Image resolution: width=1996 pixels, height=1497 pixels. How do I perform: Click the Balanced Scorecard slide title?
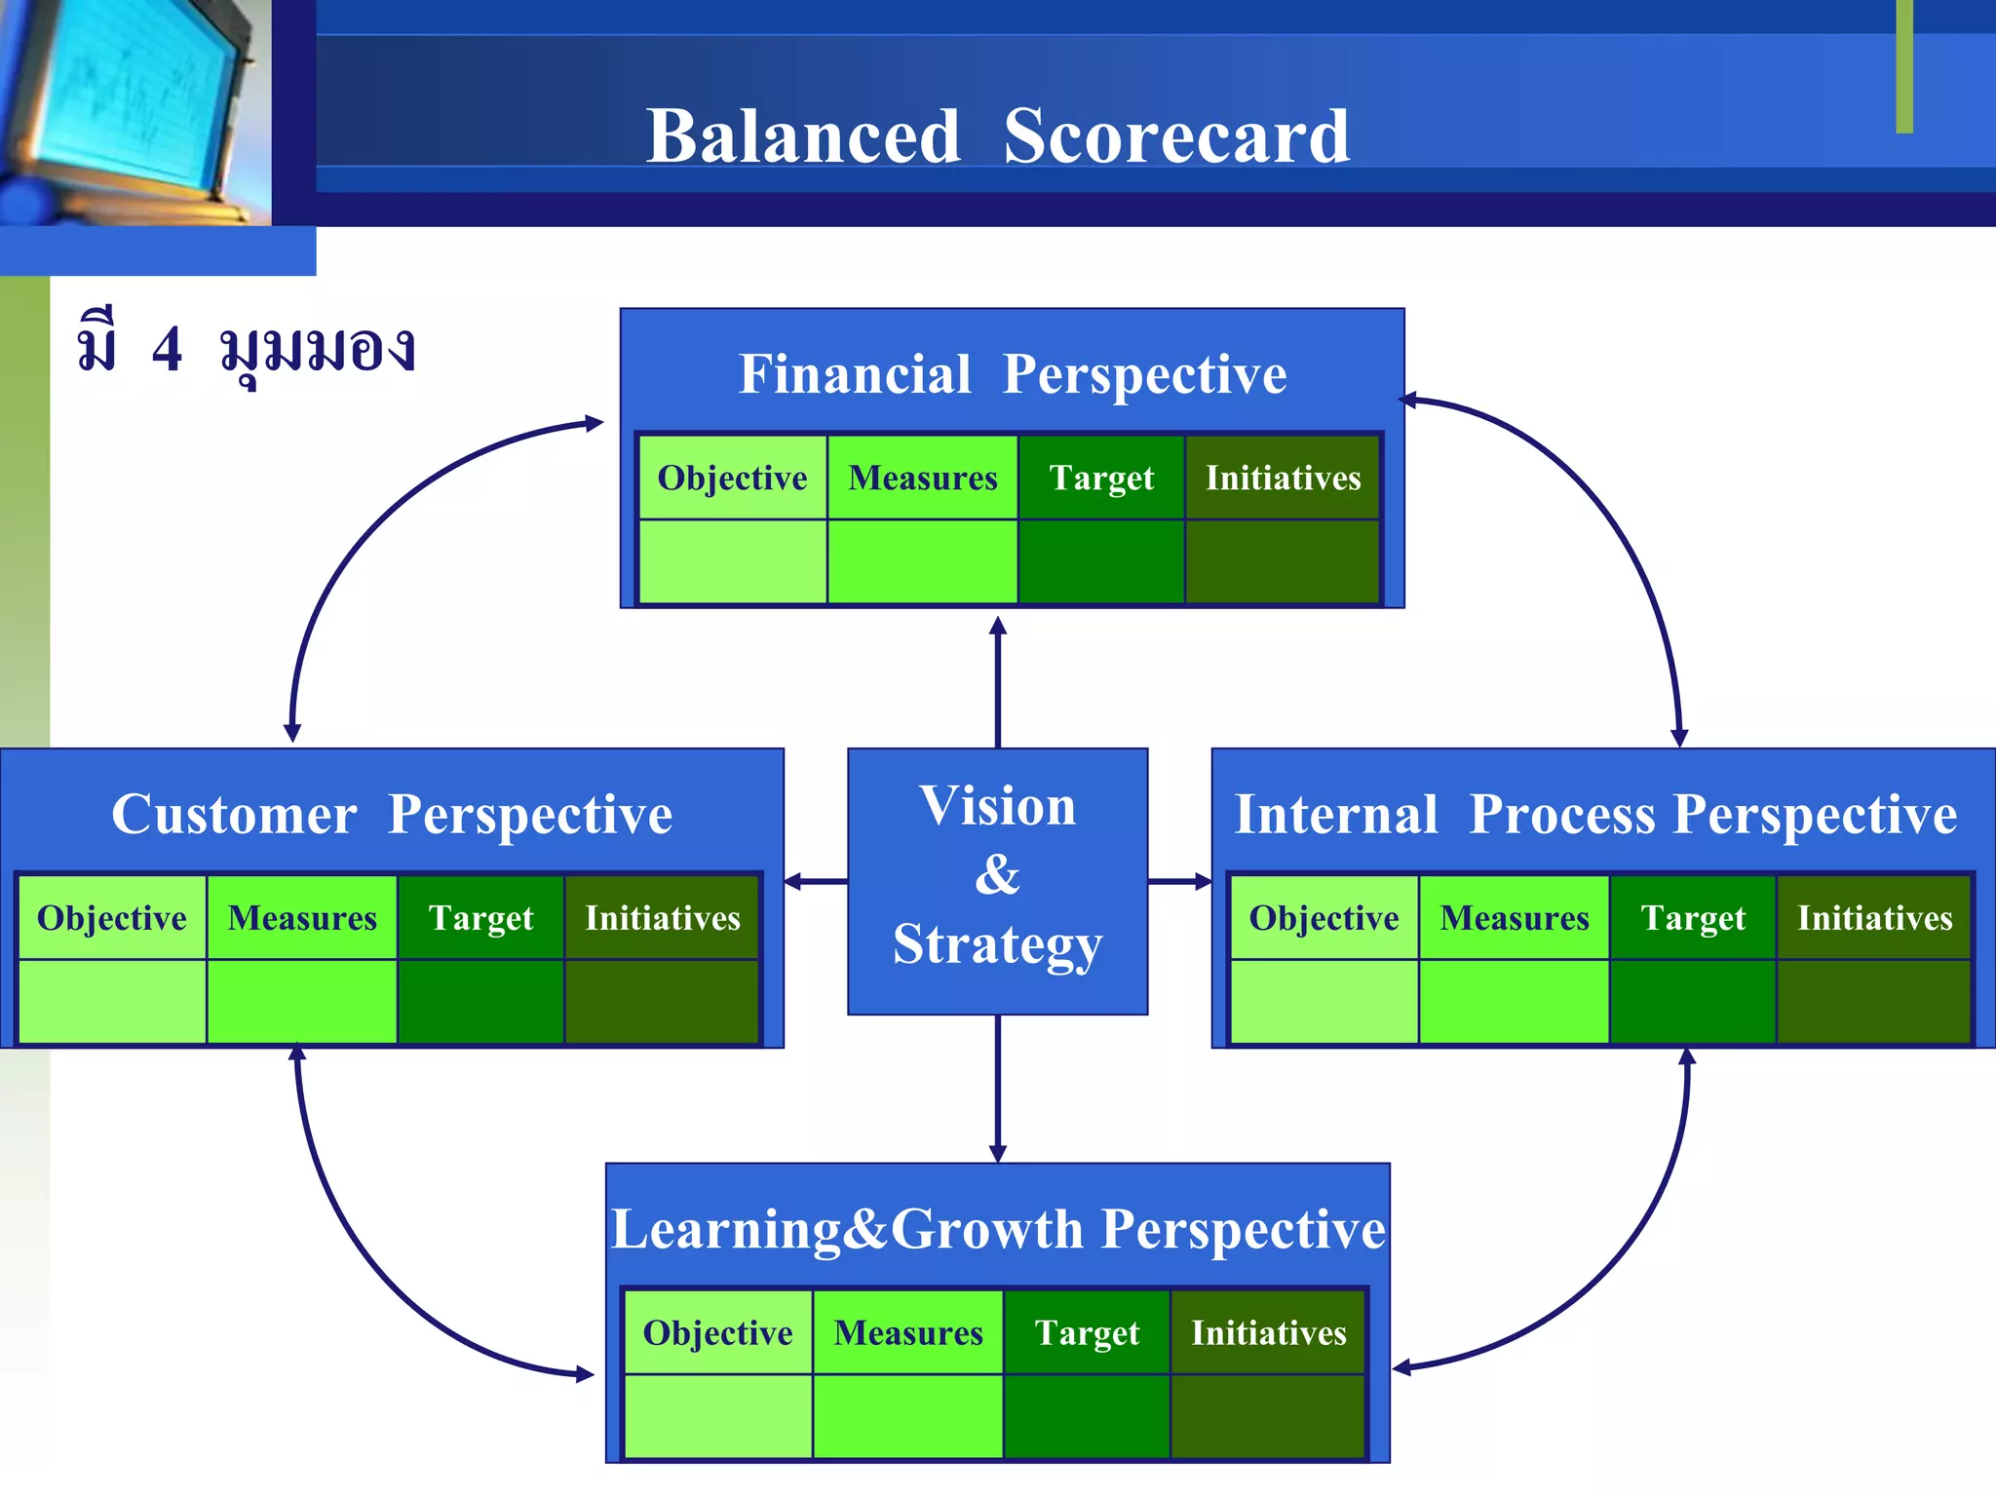point(997,136)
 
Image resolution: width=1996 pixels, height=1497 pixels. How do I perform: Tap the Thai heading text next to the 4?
point(317,351)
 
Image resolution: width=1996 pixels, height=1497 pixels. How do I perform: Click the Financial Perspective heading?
point(1013,374)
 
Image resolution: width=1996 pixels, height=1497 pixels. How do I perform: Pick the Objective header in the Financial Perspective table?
point(732,478)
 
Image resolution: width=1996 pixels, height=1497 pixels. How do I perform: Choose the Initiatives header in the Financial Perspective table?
point(1283,478)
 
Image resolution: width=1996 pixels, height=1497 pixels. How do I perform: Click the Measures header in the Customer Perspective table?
point(302,918)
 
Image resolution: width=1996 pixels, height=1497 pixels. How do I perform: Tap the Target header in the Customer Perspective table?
point(480,918)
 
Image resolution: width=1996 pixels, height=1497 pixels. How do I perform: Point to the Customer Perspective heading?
point(391,814)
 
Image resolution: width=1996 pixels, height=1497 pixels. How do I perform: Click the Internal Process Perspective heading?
point(1595,814)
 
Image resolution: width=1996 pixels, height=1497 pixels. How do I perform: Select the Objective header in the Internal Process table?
point(1324,918)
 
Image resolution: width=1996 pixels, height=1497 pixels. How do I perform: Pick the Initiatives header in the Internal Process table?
point(1874,918)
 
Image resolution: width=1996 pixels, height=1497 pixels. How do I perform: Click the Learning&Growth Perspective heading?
point(997,1229)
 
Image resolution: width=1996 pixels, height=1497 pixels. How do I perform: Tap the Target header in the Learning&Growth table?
point(1087,1332)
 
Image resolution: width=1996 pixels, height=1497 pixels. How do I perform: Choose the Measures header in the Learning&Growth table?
point(908,1332)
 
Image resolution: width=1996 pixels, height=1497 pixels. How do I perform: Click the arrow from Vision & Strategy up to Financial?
point(997,682)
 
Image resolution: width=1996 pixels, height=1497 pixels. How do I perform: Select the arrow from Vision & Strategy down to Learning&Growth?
point(997,1087)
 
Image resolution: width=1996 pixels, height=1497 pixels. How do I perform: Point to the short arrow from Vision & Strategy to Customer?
point(816,882)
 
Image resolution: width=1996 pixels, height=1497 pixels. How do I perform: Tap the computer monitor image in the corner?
point(132,107)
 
